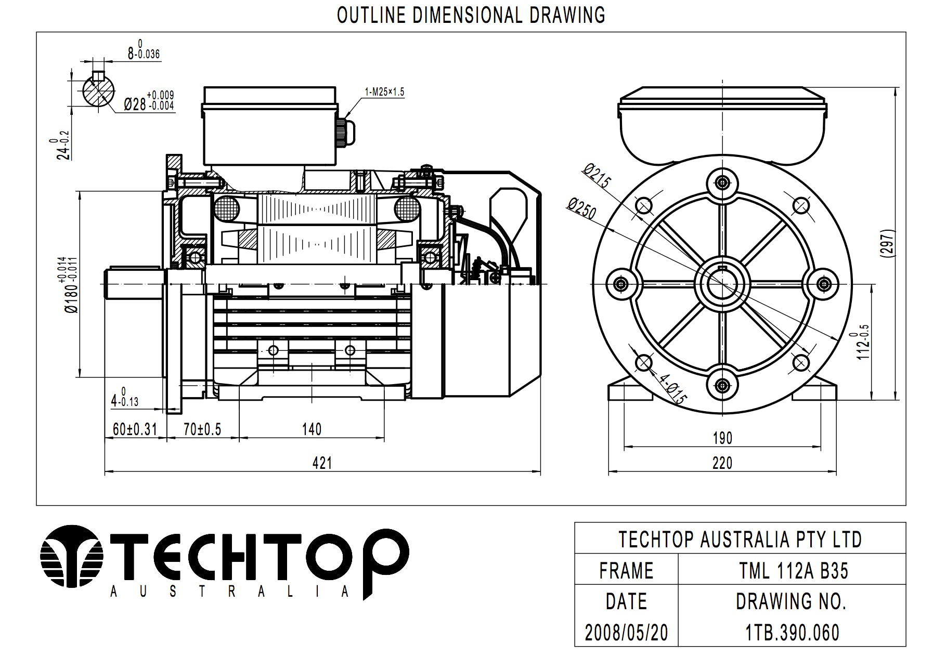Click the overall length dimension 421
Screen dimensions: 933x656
point(322,463)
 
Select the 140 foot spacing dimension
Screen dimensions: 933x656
point(312,429)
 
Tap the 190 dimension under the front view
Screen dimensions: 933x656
point(722,438)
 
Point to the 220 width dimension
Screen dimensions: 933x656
point(722,463)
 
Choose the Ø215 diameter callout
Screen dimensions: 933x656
point(597,176)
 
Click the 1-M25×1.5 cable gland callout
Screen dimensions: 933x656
point(384,92)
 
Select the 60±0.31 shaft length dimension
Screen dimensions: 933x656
point(135,429)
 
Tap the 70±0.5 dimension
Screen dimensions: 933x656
point(202,429)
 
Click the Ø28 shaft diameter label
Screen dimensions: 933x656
point(149,102)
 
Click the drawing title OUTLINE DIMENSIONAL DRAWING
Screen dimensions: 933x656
point(471,15)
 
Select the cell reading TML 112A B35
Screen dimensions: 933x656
point(794,571)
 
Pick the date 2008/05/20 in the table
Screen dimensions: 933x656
point(626,633)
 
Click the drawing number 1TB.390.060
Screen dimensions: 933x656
point(793,633)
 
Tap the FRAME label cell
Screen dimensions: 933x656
point(626,571)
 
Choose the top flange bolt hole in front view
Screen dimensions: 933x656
point(722,182)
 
